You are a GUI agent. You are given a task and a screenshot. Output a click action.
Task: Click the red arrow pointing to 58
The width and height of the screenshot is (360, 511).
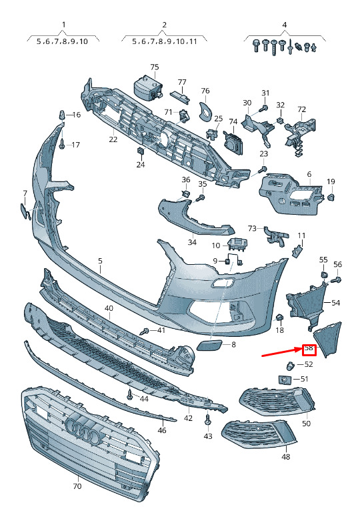pos(282,352)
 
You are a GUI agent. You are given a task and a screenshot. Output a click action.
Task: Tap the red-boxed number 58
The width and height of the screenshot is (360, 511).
pos(309,348)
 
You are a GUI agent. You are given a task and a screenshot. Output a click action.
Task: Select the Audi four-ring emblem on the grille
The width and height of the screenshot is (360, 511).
pos(83,430)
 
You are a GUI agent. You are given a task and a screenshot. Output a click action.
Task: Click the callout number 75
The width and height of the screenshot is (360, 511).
pos(155,67)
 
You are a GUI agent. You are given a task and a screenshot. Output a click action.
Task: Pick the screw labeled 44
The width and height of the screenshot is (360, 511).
pos(130,395)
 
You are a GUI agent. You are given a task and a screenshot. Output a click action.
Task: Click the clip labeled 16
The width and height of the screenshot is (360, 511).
pos(61,115)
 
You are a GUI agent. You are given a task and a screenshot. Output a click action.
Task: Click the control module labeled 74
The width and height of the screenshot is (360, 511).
pos(233,141)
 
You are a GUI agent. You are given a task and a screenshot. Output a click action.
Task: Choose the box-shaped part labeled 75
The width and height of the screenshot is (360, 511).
pos(147,87)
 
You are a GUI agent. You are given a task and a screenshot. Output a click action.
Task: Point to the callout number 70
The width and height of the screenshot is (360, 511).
pos(77,486)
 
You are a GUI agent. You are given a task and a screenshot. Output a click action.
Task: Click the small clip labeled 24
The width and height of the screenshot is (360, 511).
pos(141,151)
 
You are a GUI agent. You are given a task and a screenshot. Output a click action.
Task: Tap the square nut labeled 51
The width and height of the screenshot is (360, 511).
pos(284,380)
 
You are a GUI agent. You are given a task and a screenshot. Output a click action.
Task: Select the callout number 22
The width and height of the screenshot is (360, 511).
pos(113,139)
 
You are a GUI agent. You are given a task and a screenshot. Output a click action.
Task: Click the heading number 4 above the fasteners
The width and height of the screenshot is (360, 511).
pos(285,25)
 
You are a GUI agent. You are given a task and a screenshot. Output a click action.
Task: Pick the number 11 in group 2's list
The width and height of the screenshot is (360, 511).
pos(193,41)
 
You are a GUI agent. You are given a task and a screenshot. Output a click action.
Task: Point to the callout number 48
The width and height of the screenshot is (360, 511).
pos(286,457)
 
